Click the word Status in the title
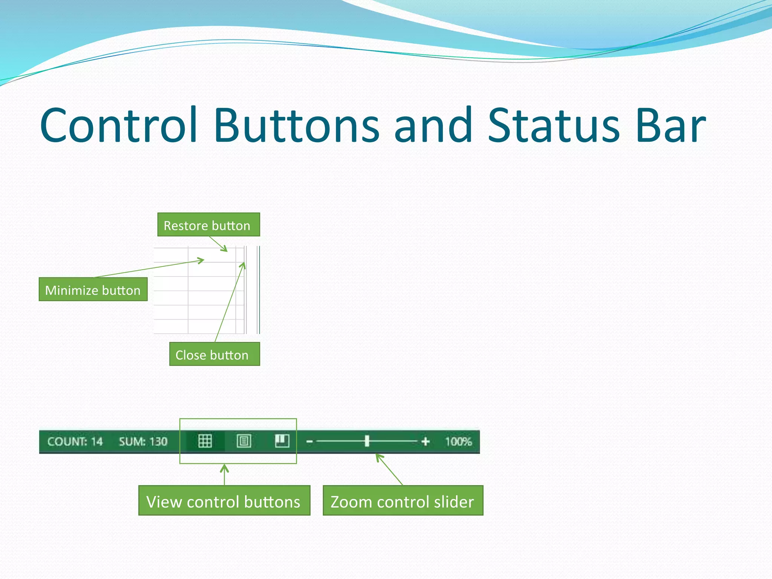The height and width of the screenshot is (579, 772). point(553,126)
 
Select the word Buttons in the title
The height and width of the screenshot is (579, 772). point(297,126)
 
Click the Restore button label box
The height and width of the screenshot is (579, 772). point(208,225)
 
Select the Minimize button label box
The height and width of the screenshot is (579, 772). point(93,289)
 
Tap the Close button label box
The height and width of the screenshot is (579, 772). point(214,354)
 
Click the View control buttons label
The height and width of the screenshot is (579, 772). point(224,501)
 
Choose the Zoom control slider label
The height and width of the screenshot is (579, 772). point(403,501)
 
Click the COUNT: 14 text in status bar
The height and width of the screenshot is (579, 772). point(75,441)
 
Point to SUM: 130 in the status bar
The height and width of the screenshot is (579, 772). point(143,441)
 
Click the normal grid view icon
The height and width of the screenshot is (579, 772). point(205,441)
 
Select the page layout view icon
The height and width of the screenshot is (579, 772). point(244,441)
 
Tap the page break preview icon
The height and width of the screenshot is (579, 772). point(282,440)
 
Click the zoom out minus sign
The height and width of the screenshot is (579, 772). point(309,441)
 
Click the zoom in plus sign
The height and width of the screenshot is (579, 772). point(426,441)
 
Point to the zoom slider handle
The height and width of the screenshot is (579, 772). point(367,441)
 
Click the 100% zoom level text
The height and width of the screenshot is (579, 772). point(458,441)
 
